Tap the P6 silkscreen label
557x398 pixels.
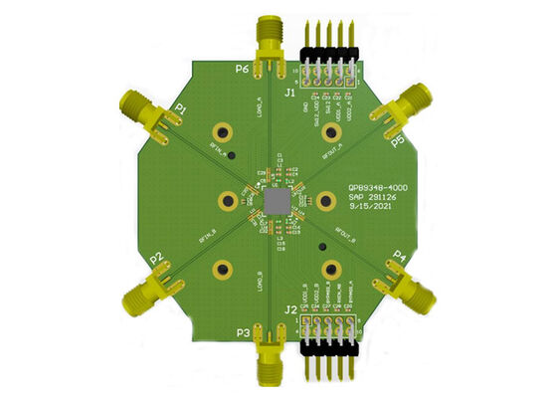pyautogui.click(x=243, y=70)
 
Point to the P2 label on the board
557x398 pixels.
pyautogui.click(x=156, y=259)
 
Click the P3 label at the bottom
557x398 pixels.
pyautogui.click(x=242, y=331)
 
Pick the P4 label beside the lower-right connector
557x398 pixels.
pyautogui.click(x=400, y=256)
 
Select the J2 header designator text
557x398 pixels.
pyautogui.click(x=290, y=309)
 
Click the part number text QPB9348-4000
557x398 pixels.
pyautogui.click(x=377, y=186)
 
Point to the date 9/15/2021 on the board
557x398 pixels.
pyautogui.click(x=370, y=210)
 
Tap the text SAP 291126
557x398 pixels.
pyautogui.click(x=373, y=198)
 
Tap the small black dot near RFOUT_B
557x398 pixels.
pyautogui.click(x=321, y=244)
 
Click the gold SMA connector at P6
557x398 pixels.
pyautogui.click(x=270, y=40)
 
